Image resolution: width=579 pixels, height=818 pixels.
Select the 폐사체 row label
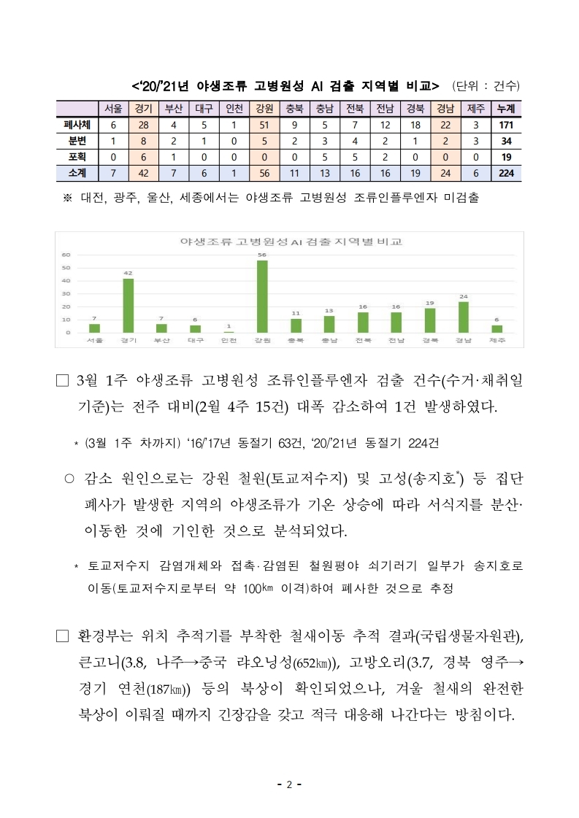76,124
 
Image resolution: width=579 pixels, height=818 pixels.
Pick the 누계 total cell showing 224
505,173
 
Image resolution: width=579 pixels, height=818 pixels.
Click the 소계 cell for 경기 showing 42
144,173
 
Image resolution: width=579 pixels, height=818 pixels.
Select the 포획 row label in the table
76,157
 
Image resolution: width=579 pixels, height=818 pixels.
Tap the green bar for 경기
128,305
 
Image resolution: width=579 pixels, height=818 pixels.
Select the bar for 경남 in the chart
463,317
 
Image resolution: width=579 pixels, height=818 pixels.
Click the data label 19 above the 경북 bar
429,302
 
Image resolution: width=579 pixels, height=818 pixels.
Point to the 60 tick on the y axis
66,255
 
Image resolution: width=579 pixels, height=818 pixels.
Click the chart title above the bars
291,242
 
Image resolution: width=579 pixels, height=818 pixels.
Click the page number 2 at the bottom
289,785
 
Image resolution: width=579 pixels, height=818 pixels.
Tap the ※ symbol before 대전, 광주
68,198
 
